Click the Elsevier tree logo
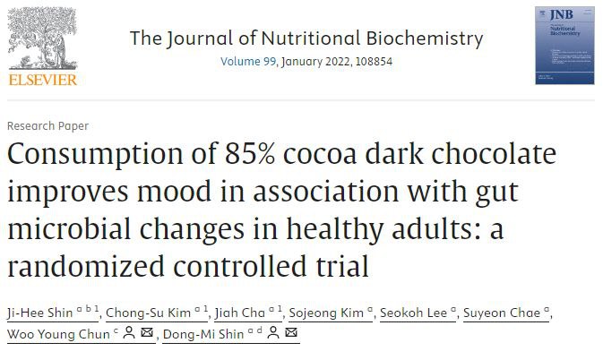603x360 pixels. point(43,39)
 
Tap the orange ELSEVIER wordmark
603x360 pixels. point(43,79)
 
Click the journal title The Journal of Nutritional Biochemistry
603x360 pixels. point(306,39)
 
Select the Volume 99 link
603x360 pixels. point(249,62)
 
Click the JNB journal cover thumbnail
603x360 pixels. point(564,45)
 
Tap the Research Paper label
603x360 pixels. point(47,126)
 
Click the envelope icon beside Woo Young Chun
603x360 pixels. point(147,334)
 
